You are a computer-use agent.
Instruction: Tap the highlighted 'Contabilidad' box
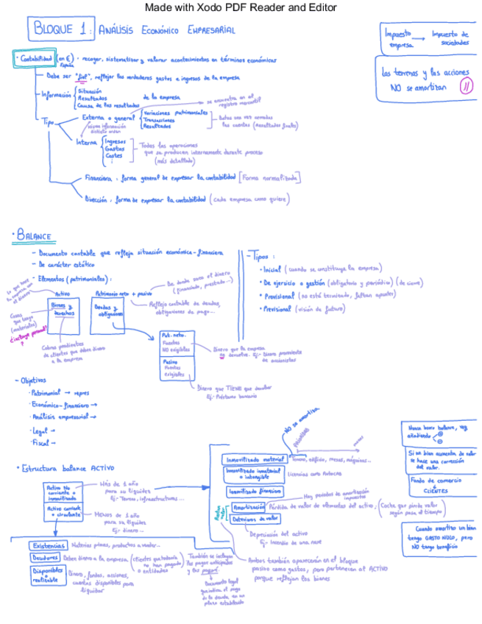click(35, 59)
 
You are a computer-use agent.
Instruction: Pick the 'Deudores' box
click(46, 557)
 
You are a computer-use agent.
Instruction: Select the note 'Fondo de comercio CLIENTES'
click(435, 486)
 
